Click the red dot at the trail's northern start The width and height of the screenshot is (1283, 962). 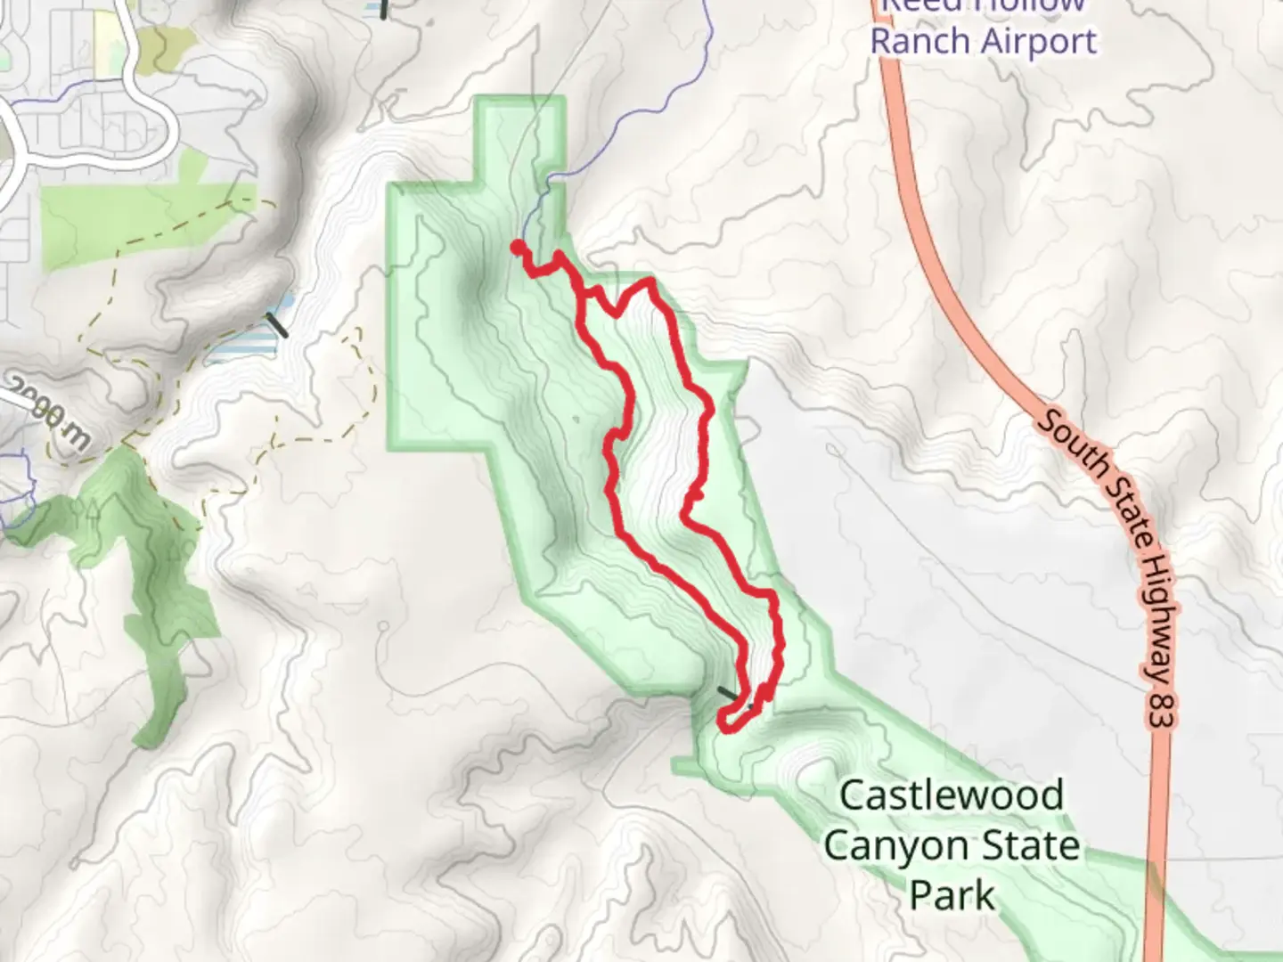(518, 247)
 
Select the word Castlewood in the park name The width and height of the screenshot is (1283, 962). (952, 795)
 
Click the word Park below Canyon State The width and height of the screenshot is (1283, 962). (952, 894)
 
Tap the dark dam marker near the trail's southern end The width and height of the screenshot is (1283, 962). (729, 693)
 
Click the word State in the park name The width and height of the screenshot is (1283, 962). (1034, 845)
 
